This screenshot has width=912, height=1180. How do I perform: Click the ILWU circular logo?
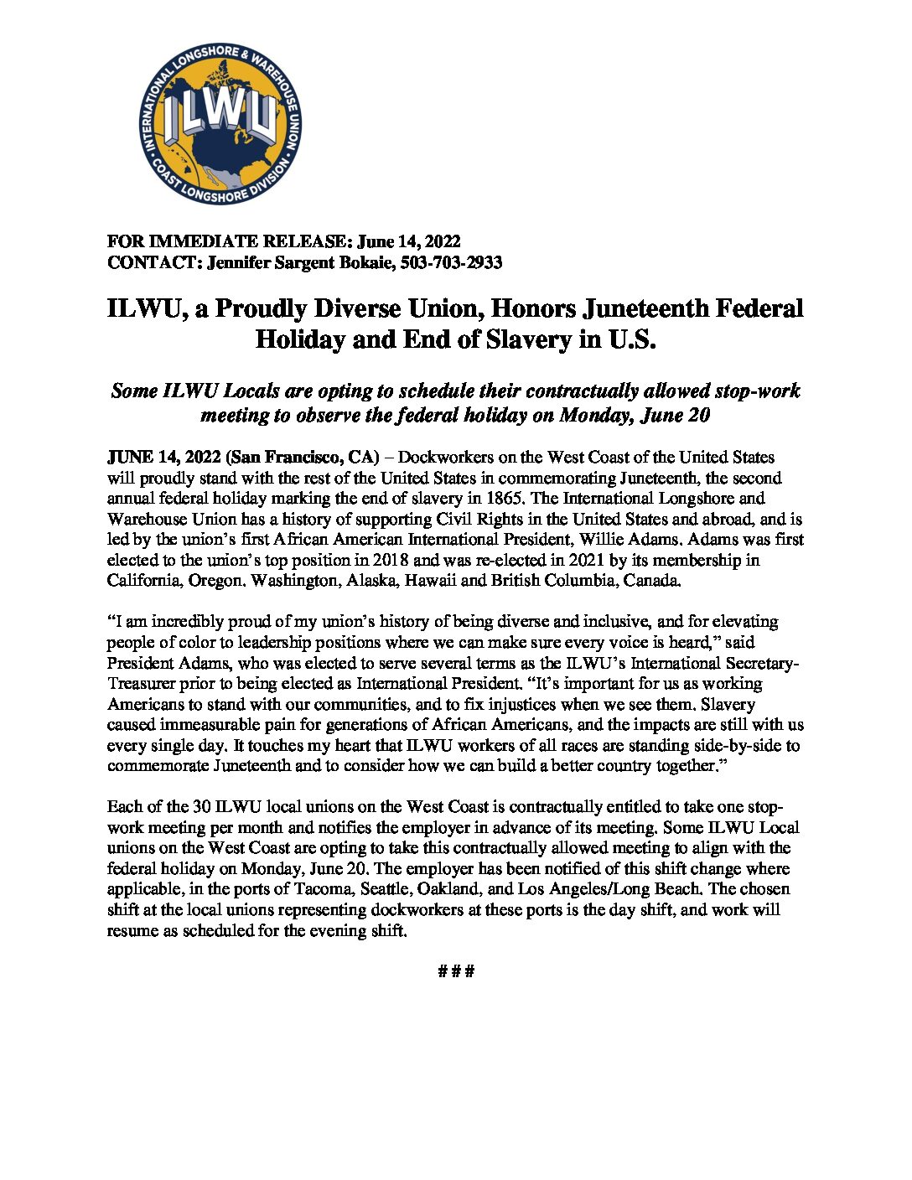(x=220, y=124)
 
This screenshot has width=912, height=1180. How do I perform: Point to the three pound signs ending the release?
(x=456, y=971)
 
